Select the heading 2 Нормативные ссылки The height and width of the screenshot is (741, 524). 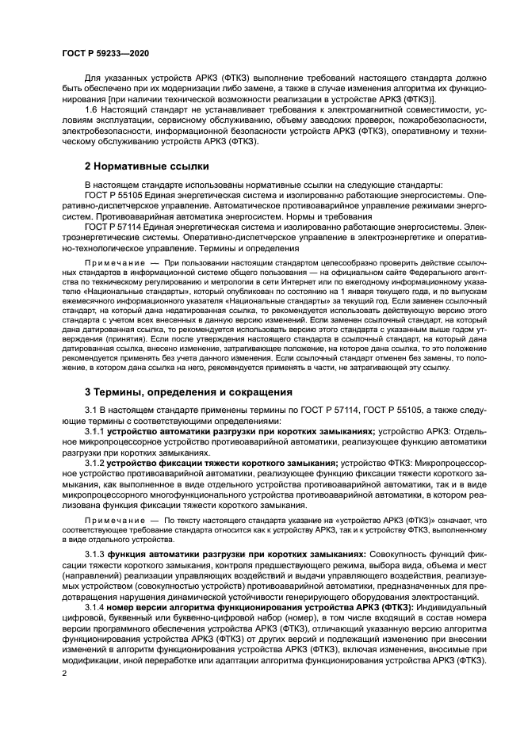point(147,166)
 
